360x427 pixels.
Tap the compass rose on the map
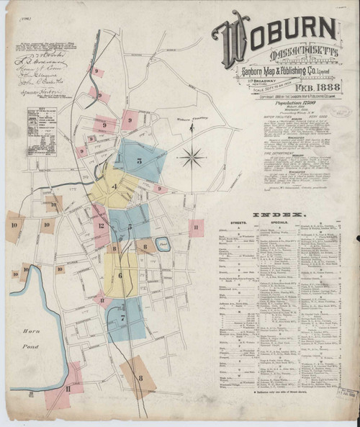coord(192,156)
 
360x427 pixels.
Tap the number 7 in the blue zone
coord(123,318)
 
